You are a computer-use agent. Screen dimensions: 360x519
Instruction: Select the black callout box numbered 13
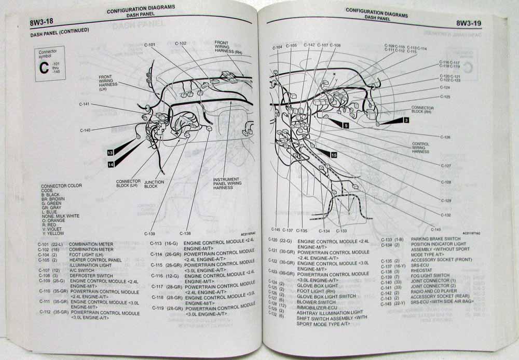click(x=110, y=153)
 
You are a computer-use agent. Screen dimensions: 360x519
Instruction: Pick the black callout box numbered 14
click(x=111, y=164)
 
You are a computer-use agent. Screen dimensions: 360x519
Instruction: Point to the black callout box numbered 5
click(x=346, y=125)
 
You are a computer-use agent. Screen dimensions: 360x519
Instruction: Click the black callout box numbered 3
click(x=406, y=120)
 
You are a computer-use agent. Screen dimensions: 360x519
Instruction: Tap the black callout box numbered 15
click(x=333, y=154)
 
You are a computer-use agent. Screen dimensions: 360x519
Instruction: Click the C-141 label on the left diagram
click(x=85, y=104)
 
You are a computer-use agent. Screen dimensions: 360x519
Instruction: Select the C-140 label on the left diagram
click(x=86, y=130)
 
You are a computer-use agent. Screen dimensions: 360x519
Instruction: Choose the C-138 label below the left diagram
click(x=185, y=233)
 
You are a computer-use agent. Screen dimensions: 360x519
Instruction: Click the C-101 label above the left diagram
click(x=149, y=45)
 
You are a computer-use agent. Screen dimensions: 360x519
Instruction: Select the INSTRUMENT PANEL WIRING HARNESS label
click(x=227, y=183)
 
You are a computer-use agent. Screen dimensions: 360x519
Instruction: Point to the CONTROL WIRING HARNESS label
click(x=420, y=148)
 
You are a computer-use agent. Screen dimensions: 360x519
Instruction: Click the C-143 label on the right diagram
click(x=435, y=229)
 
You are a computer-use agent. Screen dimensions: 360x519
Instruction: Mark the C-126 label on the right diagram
click(x=445, y=137)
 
